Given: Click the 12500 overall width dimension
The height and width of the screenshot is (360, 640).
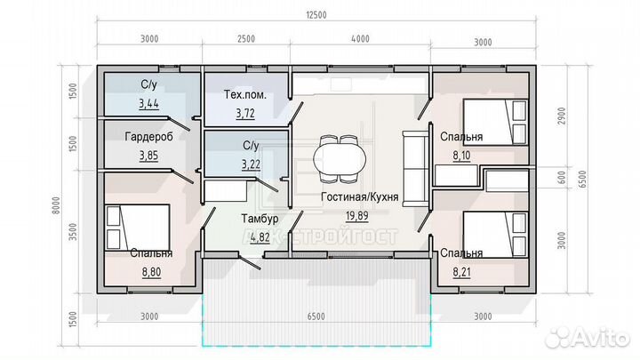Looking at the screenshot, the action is [x=316, y=15].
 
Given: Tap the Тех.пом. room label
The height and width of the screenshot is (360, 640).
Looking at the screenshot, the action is [x=245, y=95].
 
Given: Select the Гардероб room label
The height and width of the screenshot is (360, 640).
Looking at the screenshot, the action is [x=149, y=137].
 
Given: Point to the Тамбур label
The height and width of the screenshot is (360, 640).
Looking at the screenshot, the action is [x=260, y=219].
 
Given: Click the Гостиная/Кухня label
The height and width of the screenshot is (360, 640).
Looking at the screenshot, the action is [x=360, y=196].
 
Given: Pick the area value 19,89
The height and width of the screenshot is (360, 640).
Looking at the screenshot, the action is [x=357, y=215].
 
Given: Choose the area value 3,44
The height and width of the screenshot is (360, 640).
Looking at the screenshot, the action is [x=148, y=104].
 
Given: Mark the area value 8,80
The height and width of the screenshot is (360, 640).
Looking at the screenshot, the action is [x=151, y=272].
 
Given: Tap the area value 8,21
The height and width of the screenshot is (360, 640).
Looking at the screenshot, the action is [x=461, y=272].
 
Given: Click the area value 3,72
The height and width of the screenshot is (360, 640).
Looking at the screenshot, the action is [x=245, y=113].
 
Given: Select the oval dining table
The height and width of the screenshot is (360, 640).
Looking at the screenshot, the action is [x=340, y=159].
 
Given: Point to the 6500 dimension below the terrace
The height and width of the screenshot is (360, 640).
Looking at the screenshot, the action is [x=316, y=316].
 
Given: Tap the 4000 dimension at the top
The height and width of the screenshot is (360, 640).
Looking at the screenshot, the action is [x=360, y=39].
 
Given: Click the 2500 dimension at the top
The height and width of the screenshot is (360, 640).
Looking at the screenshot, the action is [x=246, y=39].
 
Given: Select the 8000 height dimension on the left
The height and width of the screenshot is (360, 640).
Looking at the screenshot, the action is [x=56, y=205].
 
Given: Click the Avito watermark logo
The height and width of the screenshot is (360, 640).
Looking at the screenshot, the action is [x=588, y=339].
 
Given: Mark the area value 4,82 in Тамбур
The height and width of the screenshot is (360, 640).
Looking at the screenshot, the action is [x=260, y=237].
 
